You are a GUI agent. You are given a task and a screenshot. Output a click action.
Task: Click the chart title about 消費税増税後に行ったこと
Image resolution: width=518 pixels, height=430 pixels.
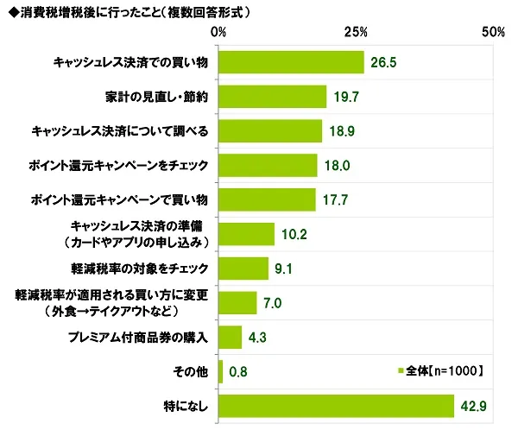[129, 12]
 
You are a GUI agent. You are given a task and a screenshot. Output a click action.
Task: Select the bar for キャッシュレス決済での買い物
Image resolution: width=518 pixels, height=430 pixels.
[292, 62]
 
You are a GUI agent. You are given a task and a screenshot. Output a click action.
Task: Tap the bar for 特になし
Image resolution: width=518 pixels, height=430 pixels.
[337, 406]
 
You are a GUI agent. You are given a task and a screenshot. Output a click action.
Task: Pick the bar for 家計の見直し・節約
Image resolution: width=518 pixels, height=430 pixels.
[273, 97]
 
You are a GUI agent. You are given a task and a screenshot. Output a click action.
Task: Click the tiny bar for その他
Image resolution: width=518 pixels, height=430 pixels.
[221, 371]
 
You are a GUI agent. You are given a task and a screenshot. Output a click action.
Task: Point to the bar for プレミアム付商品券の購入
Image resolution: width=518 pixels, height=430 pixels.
[231, 337]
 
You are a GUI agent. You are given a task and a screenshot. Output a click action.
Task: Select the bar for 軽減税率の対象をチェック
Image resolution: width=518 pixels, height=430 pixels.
[243, 269]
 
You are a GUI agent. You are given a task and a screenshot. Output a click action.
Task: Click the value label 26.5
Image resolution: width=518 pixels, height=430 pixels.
[384, 63]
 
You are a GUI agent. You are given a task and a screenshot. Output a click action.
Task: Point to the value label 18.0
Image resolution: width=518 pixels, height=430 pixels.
[337, 166]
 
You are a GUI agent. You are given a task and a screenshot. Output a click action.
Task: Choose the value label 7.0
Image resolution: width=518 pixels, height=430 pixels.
[274, 303]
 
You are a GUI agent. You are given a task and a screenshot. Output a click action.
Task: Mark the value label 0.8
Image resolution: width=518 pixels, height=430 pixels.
[240, 372]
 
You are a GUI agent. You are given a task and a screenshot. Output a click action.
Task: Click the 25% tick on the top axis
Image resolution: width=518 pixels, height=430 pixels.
[356, 33]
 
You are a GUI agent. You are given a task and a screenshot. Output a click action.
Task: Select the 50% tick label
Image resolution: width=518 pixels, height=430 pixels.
[493, 33]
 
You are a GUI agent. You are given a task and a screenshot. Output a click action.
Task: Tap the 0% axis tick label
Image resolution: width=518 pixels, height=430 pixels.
[219, 33]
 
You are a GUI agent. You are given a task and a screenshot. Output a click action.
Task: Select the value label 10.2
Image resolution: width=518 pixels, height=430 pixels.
[294, 235]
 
